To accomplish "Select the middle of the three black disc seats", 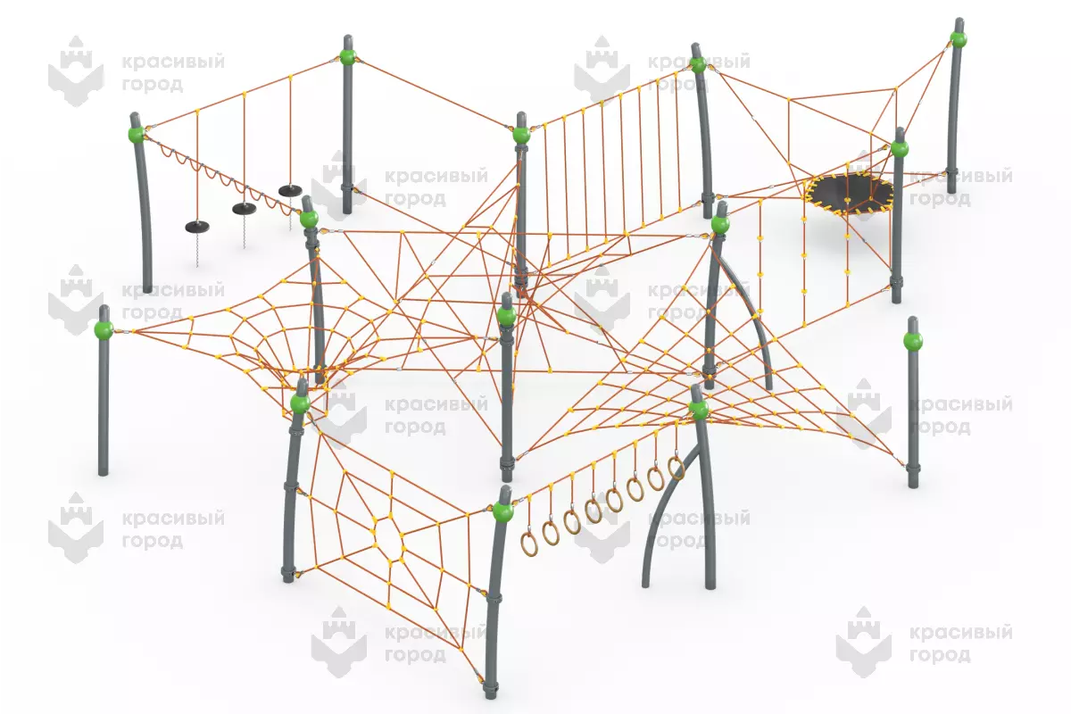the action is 245,209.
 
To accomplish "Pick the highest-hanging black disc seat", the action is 290,190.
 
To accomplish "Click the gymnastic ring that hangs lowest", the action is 529,545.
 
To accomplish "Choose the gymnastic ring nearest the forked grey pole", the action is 676,468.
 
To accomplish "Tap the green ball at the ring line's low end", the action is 503,511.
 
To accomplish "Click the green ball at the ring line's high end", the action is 699,410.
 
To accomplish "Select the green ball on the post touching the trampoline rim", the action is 899,149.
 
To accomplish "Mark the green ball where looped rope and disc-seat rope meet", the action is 137,134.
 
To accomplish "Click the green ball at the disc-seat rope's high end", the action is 347,57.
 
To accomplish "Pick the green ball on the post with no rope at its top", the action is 913,342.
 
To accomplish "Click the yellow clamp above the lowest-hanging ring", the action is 530,498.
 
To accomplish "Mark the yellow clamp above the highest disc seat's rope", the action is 290,77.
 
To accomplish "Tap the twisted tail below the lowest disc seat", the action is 196,250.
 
